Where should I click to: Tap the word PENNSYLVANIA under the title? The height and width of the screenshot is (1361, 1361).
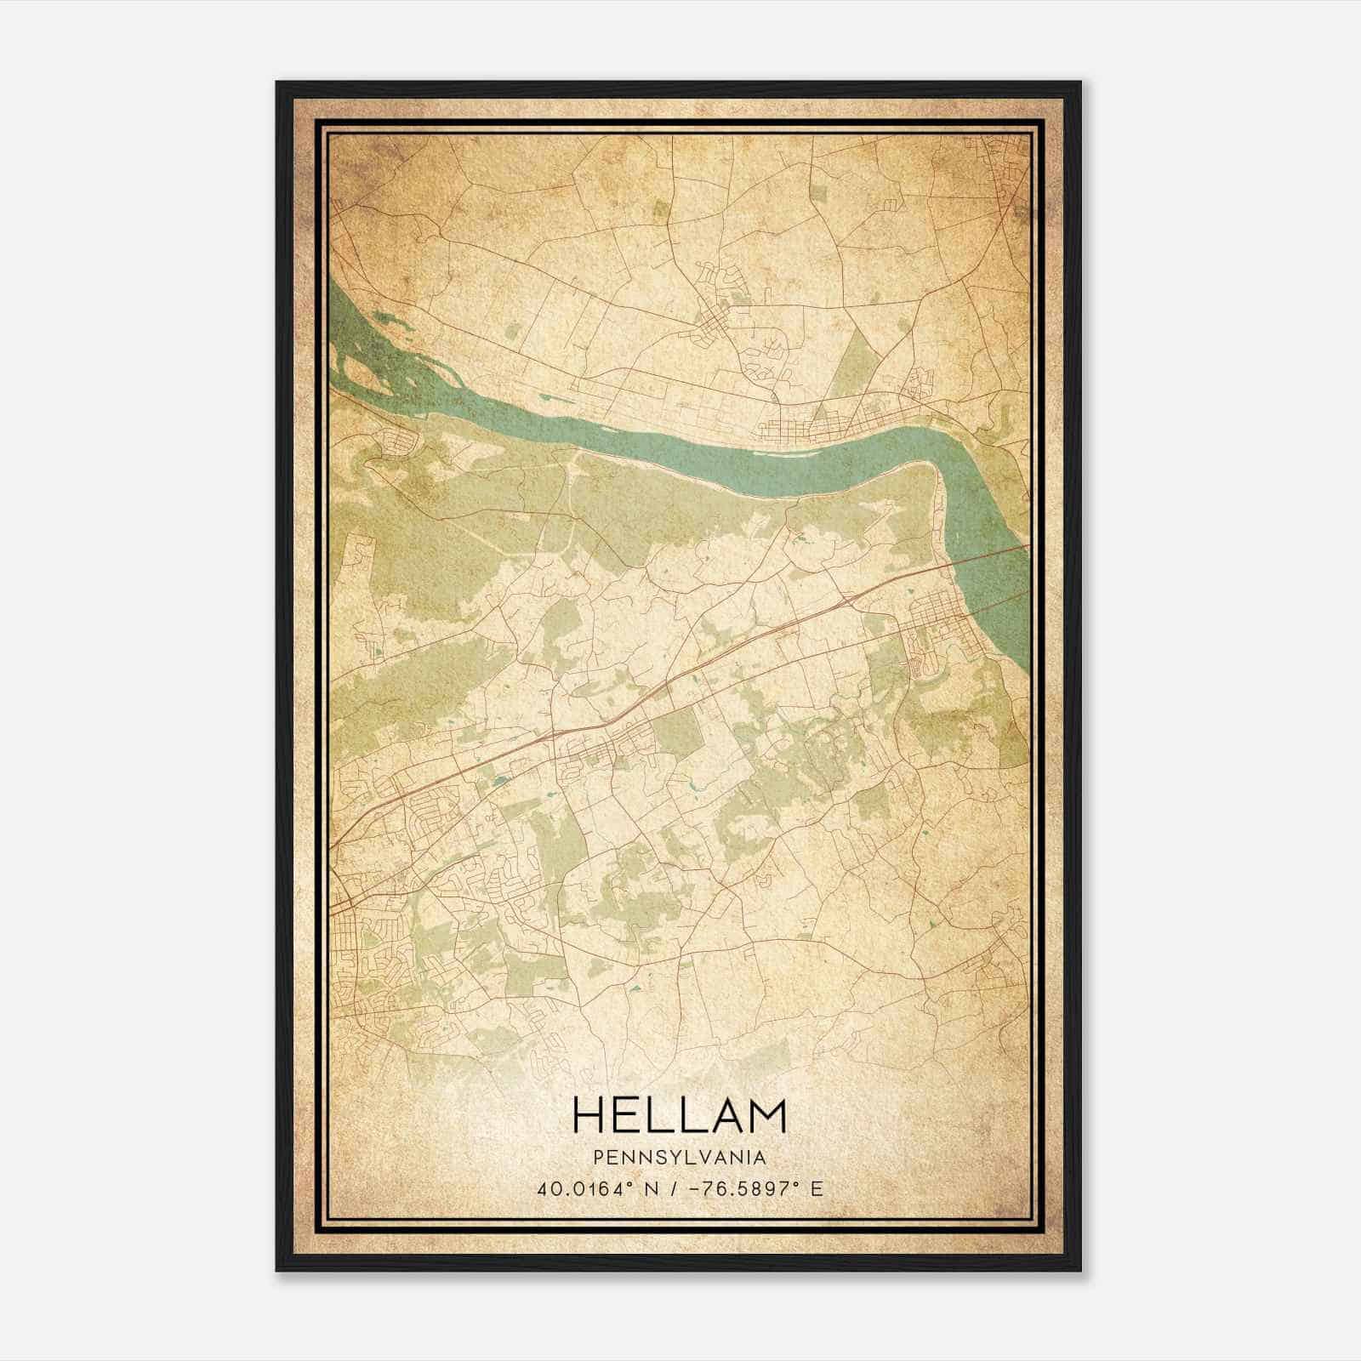(680, 1158)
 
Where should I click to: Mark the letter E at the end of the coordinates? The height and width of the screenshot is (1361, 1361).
(817, 1189)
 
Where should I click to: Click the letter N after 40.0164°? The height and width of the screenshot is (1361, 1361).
(652, 1189)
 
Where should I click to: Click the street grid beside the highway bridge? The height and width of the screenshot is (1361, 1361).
(936, 629)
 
